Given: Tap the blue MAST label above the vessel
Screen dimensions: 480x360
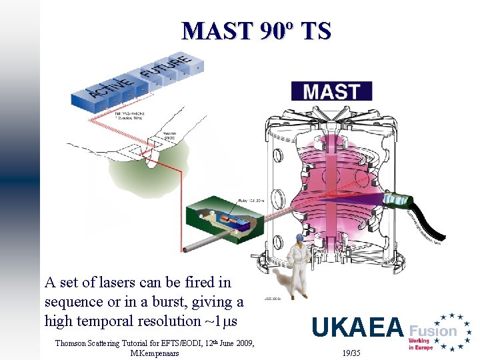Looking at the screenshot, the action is point(331,91).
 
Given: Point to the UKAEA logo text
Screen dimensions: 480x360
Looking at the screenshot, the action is point(357,327).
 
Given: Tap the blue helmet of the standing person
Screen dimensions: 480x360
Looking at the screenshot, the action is point(299,237).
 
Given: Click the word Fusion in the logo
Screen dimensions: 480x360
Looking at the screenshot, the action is point(433,330).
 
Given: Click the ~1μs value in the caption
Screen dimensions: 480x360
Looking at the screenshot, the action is point(221,321).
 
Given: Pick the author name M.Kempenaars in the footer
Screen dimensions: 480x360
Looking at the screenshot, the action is point(155,353).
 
